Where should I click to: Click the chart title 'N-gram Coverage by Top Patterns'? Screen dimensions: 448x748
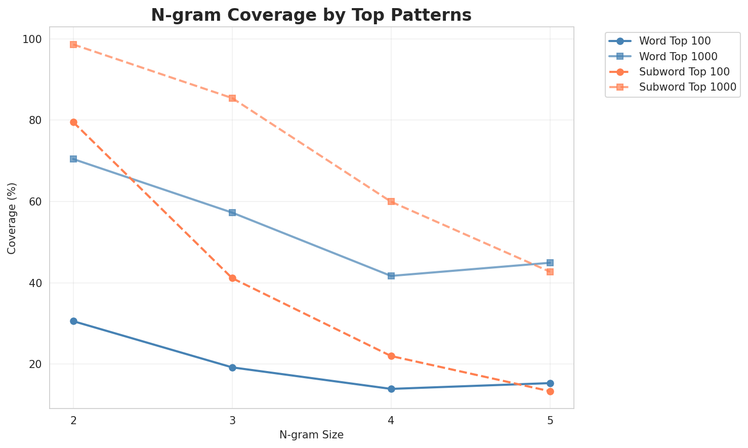coord(311,15)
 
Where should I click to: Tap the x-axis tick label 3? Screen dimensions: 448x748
coord(232,421)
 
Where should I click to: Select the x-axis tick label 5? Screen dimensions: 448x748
coord(550,421)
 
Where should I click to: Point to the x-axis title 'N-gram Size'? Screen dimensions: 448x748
coord(311,435)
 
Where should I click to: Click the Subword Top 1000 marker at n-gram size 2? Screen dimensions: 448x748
coord(73,45)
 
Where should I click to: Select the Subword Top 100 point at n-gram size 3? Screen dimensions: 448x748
coord(232,278)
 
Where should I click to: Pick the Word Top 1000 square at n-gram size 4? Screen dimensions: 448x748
coord(391,276)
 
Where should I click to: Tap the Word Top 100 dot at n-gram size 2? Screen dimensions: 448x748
coord(73,321)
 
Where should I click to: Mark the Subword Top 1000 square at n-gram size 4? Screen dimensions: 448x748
coord(391,201)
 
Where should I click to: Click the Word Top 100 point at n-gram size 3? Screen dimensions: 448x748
coord(232,368)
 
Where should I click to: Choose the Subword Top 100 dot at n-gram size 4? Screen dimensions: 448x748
coord(391,356)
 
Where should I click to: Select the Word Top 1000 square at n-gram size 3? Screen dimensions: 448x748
coord(232,213)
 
